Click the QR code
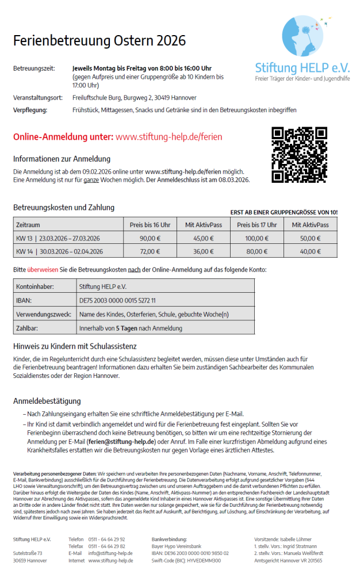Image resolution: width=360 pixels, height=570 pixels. [299, 155]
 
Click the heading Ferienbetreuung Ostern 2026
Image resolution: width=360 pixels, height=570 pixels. [99, 41]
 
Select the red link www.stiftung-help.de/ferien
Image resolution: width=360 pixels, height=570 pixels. [168, 137]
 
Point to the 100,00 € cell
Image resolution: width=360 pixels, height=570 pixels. [256, 238]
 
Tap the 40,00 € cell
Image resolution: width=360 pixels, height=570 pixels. [311, 251]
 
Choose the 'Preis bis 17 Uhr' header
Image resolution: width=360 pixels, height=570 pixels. [256, 225]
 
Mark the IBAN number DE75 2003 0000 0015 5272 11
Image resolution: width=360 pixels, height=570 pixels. [117, 300]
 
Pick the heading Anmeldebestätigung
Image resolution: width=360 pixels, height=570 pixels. [47, 401]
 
